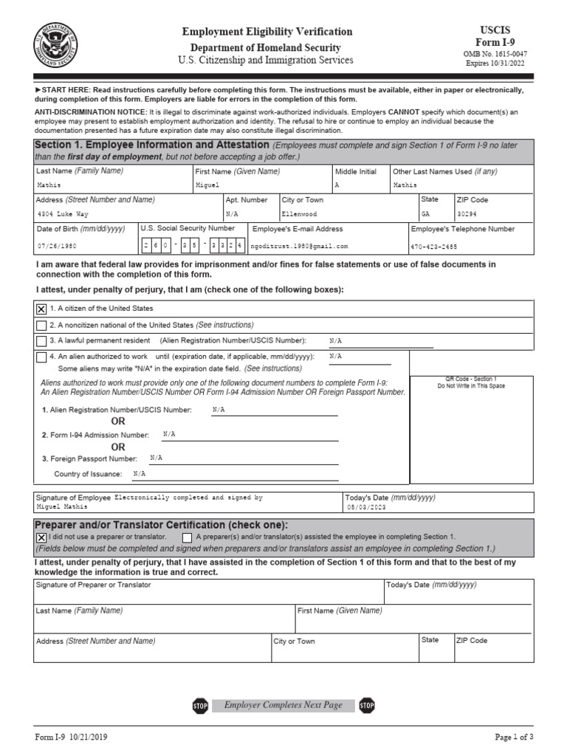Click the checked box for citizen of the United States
[41, 309]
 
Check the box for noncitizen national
[41, 325]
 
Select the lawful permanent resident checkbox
[41, 341]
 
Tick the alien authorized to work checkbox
[41, 357]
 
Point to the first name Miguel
[207, 185]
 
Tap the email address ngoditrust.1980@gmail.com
[300, 246]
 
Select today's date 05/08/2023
[365, 507]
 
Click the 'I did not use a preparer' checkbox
[41, 537]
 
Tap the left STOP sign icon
[200, 706]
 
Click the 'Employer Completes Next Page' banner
[283, 705]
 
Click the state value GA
[426, 213]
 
